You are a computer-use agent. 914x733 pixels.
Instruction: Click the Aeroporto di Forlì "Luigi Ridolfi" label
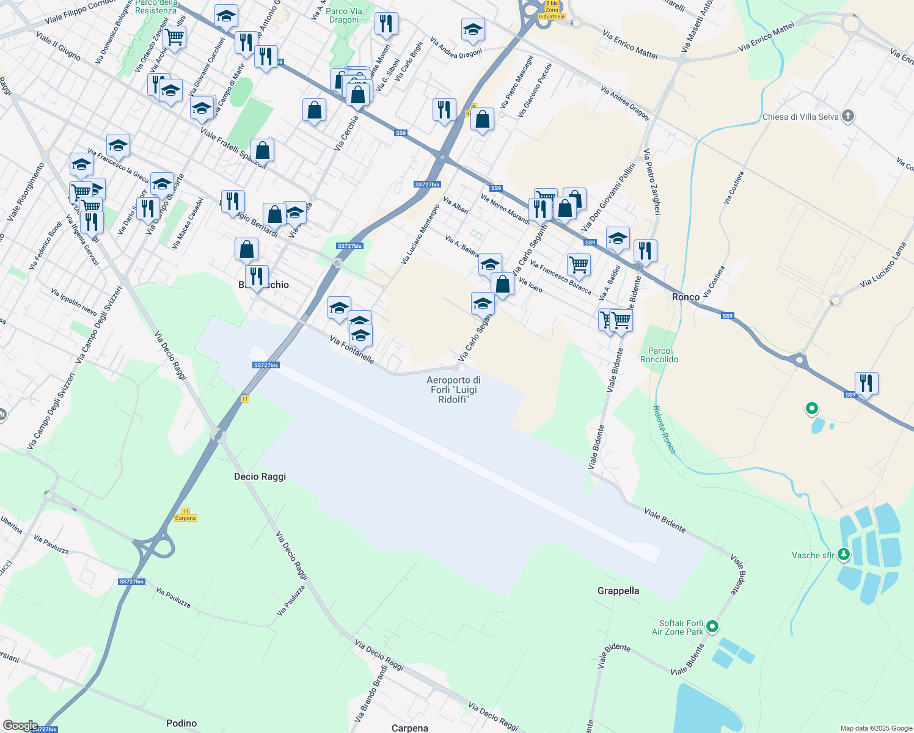tap(453, 390)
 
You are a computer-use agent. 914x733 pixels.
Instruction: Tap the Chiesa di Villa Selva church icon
tap(847, 116)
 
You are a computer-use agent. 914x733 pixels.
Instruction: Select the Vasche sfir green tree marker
tap(844, 554)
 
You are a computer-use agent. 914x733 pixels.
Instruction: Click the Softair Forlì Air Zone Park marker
tap(712, 627)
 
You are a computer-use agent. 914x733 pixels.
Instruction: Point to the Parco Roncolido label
tap(659, 355)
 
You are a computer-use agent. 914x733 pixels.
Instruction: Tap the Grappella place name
tap(618, 591)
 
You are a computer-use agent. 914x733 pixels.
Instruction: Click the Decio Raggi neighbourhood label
tap(260, 476)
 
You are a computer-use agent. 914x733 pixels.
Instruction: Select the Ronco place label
tap(685, 297)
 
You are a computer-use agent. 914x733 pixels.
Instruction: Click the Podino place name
tap(181, 723)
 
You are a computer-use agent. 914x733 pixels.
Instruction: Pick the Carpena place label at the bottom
tap(409, 728)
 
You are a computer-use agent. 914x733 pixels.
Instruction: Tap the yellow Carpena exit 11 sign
tap(185, 515)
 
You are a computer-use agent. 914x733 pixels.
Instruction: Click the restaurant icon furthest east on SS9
tap(866, 383)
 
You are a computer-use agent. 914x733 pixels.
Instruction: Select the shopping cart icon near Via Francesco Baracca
tap(578, 264)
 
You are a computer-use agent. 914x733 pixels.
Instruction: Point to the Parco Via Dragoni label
tap(344, 15)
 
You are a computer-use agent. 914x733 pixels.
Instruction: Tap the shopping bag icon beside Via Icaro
tap(502, 284)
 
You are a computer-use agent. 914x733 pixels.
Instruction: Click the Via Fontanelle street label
tap(351, 349)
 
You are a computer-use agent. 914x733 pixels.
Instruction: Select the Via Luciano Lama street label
tap(883, 265)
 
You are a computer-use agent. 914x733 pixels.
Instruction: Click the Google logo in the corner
tap(20, 726)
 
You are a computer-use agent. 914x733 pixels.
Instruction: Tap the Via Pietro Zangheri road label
tap(653, 181)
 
